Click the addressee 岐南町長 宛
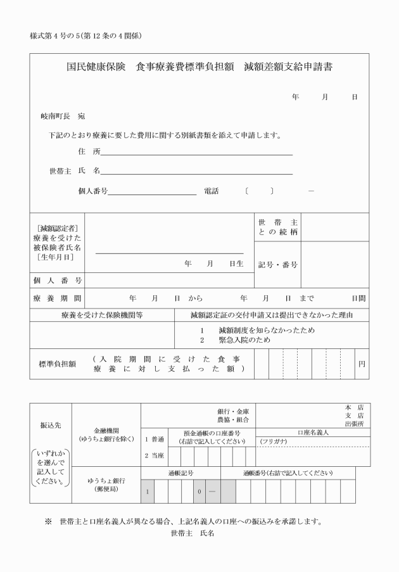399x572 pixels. pos(63,117)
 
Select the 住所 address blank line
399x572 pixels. pos(196,152)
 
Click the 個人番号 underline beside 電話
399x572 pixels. pos(152,191)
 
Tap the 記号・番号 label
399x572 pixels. pos(278,265)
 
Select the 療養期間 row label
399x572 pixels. pos(58,298)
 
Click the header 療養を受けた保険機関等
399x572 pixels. pos(102,314)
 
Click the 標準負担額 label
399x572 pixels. pos(58,364)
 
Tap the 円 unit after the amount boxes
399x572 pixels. pos(362,364)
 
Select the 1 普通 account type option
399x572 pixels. pos(154,440)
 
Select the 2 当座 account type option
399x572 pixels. pos(154,456)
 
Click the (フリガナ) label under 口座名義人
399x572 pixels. pos(274,441)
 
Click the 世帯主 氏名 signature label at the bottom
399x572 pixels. pos(193,533)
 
